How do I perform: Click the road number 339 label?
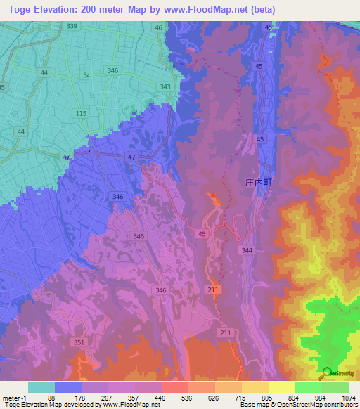[72, 26]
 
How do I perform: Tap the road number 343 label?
[165, 87]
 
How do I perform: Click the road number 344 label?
[247, 250]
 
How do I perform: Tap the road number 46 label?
[159, 27]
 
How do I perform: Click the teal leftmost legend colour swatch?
[41, 387]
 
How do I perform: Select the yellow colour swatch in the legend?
[281, 387]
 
